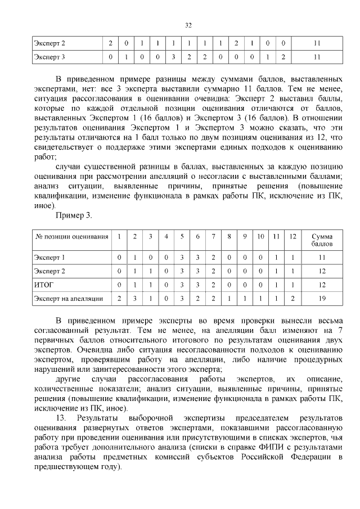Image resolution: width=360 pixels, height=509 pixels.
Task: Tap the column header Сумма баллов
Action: coord(322,241)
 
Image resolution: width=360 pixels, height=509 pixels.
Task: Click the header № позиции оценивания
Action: coord(71,237)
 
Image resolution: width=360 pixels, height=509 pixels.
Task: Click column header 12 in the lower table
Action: coord(292,237)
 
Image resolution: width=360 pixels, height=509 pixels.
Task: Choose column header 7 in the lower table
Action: coord(213,237)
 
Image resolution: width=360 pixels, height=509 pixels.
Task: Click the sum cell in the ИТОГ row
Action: coord(322,285)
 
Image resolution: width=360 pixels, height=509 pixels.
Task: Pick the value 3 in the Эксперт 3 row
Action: coord(174,57)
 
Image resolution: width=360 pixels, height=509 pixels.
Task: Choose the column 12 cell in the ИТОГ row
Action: coord(292,285)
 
